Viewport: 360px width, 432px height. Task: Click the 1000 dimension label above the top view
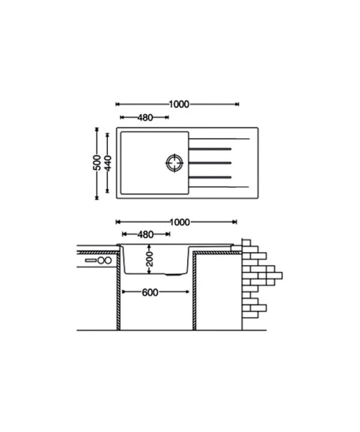179,104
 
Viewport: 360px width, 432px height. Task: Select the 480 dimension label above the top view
145,117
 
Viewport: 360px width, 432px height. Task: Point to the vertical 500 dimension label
97,163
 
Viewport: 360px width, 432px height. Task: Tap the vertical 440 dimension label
108,163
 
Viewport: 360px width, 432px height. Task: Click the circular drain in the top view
175,163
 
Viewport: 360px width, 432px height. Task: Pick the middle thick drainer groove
210,163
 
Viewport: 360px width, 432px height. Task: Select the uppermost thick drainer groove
210,149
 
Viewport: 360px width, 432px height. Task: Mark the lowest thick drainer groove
210,177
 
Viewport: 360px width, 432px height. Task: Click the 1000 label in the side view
180,222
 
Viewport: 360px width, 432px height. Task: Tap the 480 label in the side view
145,235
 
